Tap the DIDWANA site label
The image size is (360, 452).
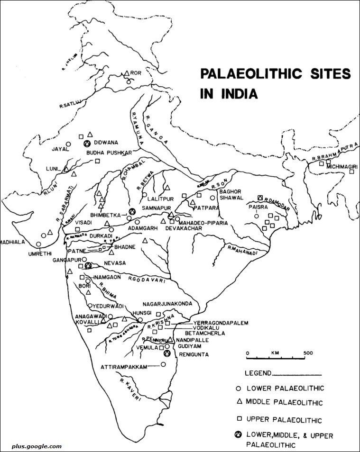click(x=107, y=142)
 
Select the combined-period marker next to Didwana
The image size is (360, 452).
click(x=87, y=143)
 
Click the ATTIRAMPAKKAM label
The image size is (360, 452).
click(x=123, y=366)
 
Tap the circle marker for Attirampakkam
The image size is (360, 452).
click(x=164, y=364)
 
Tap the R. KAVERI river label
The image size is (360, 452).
click(x=131, y=390)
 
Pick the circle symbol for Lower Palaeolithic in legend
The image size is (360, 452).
click(x=239, y=389)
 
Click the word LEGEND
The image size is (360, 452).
click(x=258, y=373)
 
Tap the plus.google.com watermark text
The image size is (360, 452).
click(x=32, y=446)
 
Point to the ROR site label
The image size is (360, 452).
click(x=137, y=73)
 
